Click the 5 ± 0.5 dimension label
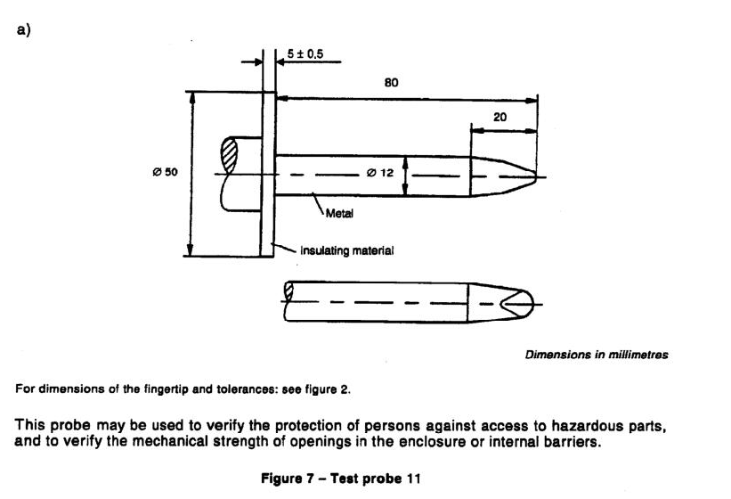pos(305,54)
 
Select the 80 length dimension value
pos(391,83)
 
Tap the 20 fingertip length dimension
pos(500,117)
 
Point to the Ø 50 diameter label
pos(165,172)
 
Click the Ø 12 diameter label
pos(380,173)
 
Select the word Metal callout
pos(339,214)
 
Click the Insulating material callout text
pos(347,251)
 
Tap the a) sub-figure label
pos(24,29)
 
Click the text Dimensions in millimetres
pos(597,355)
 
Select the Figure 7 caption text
pos(340,479)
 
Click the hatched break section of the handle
pos(229,155)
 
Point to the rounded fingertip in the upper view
pos(504,176)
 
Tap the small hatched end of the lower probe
pos(288,291)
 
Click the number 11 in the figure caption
pos(412,479)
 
